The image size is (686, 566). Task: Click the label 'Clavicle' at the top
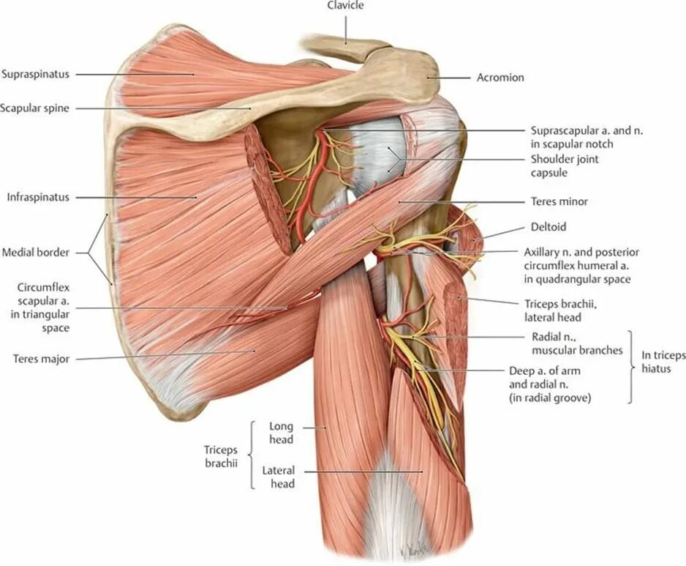[x=346, y=6]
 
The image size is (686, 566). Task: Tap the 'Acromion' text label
[x=500, y=77]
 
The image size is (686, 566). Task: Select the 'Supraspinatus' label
[x=35, y=74]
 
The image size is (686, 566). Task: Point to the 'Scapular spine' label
[x=35, y=108]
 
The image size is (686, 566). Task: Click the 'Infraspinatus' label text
[x=37, y=197]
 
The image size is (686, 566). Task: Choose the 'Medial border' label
[x=35, y=253]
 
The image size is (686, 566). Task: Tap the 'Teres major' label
[x=40, y=359]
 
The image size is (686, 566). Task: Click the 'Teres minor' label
[x=559, y=201]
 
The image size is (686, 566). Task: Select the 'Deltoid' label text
[x=549, y=227]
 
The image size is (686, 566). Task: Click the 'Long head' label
[x=281, y=433]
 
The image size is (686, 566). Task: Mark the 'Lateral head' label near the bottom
[x=279, y=477]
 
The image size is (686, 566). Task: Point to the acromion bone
[x=410, y=73]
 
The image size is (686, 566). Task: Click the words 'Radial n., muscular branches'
[x=577, y=343]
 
